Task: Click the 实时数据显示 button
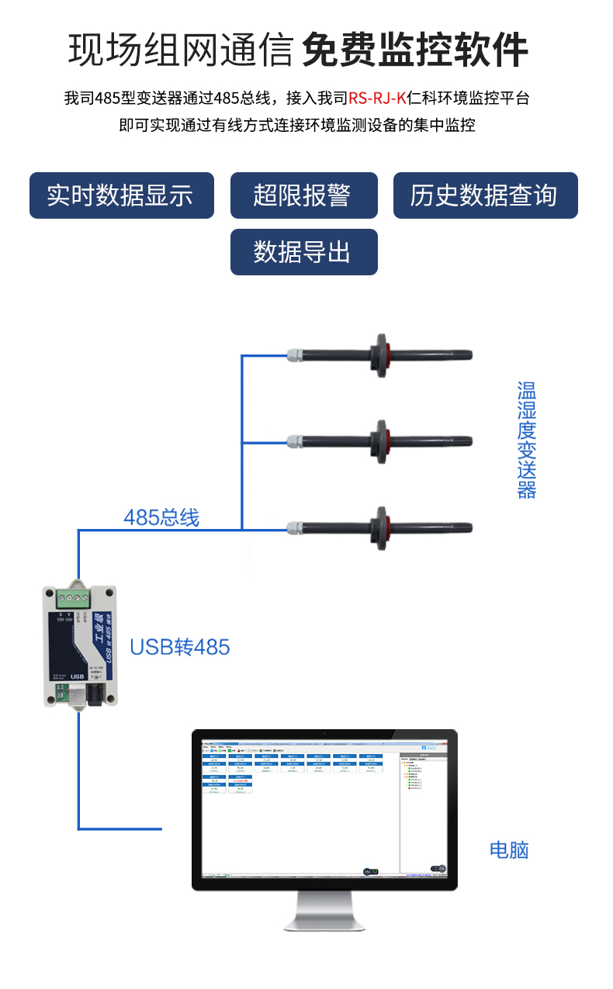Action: click(x=121, y=195)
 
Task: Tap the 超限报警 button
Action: click(x=303, y=195)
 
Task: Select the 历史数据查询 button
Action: click(x=485, y=195)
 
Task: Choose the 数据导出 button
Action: click(x=303, y=252)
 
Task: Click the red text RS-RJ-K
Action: click(x=377, y=99)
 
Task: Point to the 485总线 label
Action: click(x=161, y=517)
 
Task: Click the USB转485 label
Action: click(x=179, y=647)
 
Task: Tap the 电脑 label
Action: click(x=508, y=850)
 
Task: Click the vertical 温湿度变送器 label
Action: click(x=527, y=440)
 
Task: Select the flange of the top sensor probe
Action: click(x=381, y=355)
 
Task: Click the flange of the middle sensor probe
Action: click(x=381, y=441)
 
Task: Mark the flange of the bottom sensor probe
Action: click(x=381, y=528)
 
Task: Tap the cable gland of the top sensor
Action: click(x=293, y=355)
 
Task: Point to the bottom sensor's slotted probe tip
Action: click(x=453, y=528)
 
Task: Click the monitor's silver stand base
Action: click(x=324, y=921)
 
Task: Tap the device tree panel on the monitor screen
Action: click(x=424, y=811)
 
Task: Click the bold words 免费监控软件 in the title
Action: click(x=414, y=50)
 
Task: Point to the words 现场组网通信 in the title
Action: click(x=180, y=50)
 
